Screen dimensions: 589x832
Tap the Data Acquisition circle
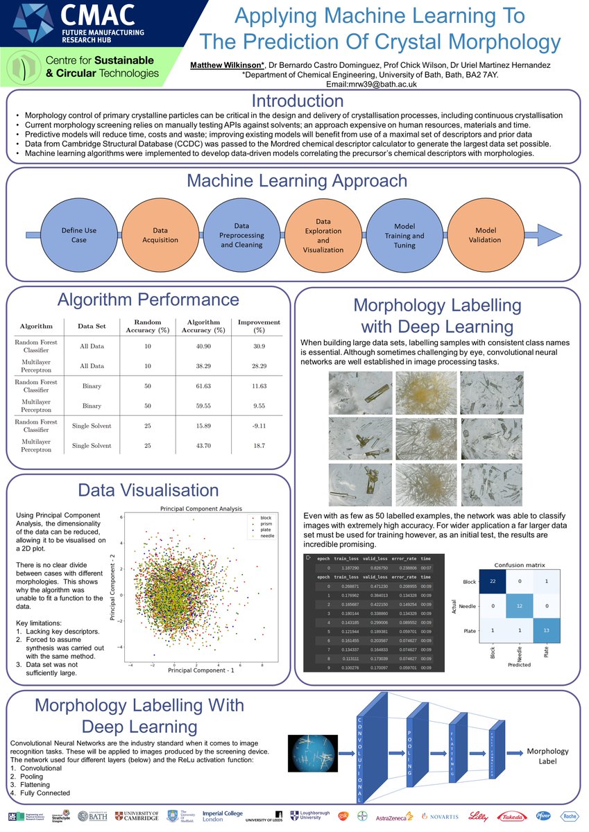pos(160,235)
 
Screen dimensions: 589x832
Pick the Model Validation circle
pos(486,235)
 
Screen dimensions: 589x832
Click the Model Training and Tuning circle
pos(404,235)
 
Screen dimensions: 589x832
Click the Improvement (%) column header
pos(259,326)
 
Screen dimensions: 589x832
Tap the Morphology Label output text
pos(548,756)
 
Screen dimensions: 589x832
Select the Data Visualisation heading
pos(148,491)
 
